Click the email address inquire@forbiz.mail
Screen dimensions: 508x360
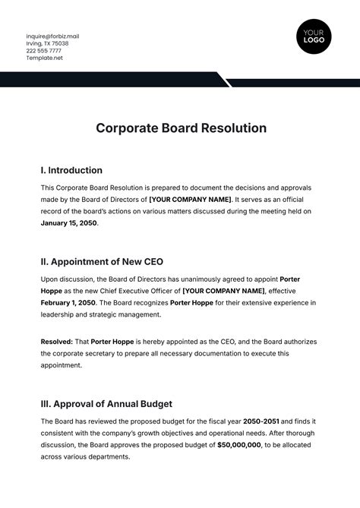pos(52,36)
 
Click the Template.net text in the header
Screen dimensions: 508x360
pos(44,58)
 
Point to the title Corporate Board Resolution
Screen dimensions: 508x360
pos(181,128)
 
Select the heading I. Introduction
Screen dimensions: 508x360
pos(71,170)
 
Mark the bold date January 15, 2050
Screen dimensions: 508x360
pos(69,224)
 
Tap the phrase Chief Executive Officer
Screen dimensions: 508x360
pos(125,291)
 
